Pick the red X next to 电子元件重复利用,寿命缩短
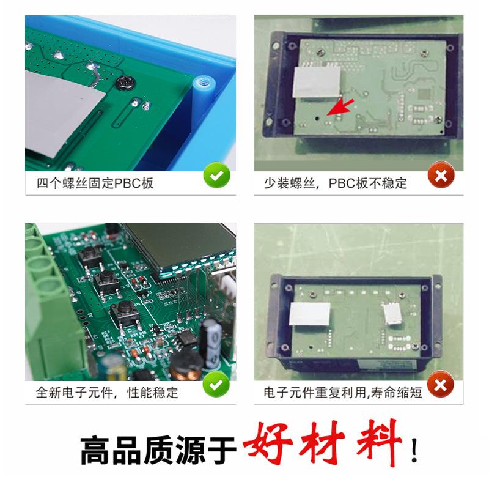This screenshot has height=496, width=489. click(440, 385)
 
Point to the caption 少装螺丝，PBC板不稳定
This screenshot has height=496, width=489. click(335, 183)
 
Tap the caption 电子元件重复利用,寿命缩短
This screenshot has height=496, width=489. click(342, 392)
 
